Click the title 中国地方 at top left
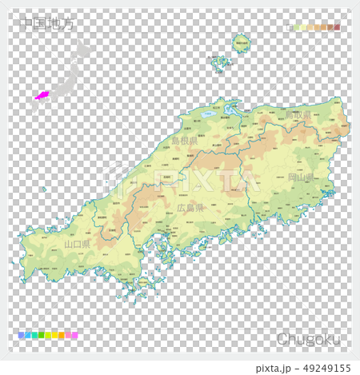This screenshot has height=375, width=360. (48, 24)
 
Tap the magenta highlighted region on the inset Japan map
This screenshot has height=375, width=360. (42, 96)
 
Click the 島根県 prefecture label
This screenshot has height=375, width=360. (185, 140)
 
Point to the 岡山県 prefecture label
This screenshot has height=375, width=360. (300, 177)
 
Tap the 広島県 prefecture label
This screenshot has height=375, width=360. (190, 207)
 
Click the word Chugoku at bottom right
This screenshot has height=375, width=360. (308, 339)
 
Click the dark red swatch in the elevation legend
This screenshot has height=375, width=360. (337, 27)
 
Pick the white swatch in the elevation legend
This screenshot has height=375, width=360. (290, 27)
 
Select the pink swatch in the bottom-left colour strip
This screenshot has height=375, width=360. (74, 336)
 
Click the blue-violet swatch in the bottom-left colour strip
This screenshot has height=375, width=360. (21, 336)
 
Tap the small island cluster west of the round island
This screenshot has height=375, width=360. (218, 62)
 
